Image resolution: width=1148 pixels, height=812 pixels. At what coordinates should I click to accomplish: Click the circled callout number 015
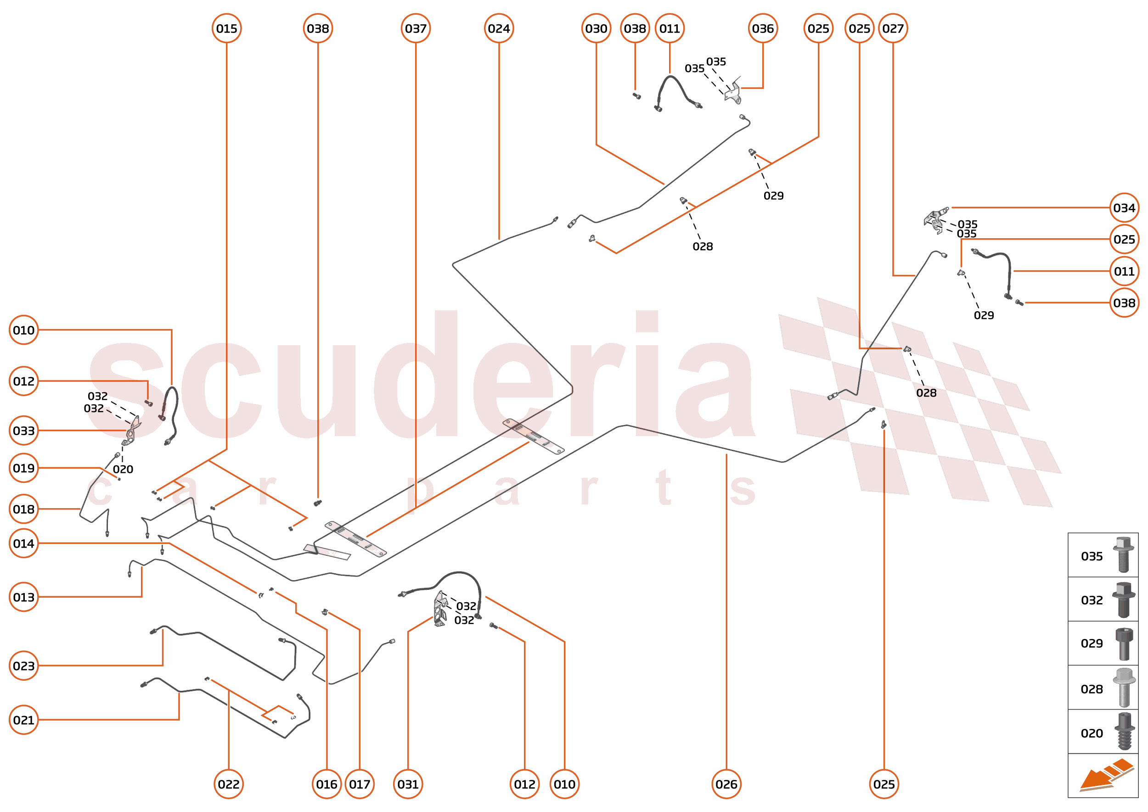click(226, 28)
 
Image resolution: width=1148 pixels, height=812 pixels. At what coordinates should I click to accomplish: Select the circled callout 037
click(416, 28)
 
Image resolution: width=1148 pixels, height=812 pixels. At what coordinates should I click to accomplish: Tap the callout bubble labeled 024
click(499, 28)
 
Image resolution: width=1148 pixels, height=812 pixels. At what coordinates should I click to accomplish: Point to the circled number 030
click(596, 28)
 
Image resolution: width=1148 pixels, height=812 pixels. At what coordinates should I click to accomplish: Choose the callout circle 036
click(763, 28)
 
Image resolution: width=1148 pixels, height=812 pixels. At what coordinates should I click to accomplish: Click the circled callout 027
click(893, 28)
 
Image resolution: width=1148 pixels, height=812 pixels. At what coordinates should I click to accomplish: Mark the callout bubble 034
click(1124, 207)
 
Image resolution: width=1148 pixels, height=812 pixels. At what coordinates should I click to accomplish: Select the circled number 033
click(24, 431)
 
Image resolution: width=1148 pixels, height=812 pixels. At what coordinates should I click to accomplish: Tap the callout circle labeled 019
click(24, 468)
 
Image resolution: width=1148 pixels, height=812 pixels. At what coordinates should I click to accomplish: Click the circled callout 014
click(24, 543)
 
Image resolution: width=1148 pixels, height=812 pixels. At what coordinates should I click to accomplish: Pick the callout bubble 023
click(24, 666)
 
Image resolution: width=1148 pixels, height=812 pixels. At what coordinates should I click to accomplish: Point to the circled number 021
click(24, 720)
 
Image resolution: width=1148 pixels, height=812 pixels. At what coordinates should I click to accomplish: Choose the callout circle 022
click(229, 784)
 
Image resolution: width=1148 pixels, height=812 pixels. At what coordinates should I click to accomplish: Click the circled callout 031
click(408, 784)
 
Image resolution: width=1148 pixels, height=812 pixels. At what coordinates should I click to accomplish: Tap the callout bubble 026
click(726, 784)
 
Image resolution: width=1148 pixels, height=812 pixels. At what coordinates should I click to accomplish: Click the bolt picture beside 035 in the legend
click(1124, 554)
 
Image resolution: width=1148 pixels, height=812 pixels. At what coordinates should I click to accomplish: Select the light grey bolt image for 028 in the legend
click(1124, 688)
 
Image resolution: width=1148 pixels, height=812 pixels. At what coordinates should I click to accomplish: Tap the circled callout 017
click(360, 784)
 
